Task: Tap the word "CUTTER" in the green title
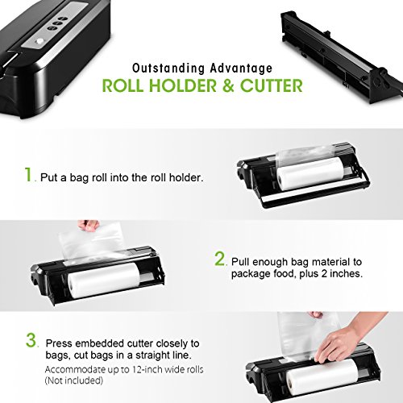[272, 85]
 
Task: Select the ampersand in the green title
[228, 85]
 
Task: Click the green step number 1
[29, 174]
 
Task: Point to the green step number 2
[221, 259]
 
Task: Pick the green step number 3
[31, 340]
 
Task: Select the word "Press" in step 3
[59, 343]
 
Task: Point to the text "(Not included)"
[74, 380]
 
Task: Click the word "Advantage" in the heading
[241, 69]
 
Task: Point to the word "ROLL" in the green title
[123, 85]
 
